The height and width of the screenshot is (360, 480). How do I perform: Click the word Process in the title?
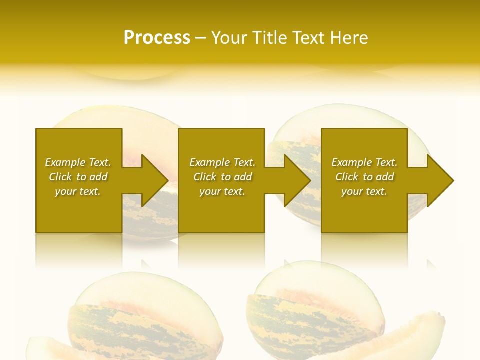click(x=157, y=38)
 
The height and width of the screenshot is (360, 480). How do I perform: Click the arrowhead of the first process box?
click(x=153, y=180)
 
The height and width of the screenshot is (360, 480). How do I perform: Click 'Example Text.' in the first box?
click(x=78, y=162)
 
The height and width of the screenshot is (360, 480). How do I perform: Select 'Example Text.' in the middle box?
click(x=222, y=162)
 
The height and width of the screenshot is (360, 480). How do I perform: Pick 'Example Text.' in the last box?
click(x=364, y=162)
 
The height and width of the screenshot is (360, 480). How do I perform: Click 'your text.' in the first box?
click(x=78, y=191)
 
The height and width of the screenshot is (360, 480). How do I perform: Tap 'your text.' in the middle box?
click(x=222, y=191)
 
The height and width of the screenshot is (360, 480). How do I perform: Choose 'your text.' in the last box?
click(x=364, y=191)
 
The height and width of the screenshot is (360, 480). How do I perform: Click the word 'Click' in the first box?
click(x=60, y=177)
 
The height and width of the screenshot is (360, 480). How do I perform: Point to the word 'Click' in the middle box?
click(x=205, y=177)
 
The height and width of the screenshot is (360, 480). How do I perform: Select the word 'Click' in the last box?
click(x=347, y=177)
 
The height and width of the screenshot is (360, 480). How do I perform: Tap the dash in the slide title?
click(x=201, y=38)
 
